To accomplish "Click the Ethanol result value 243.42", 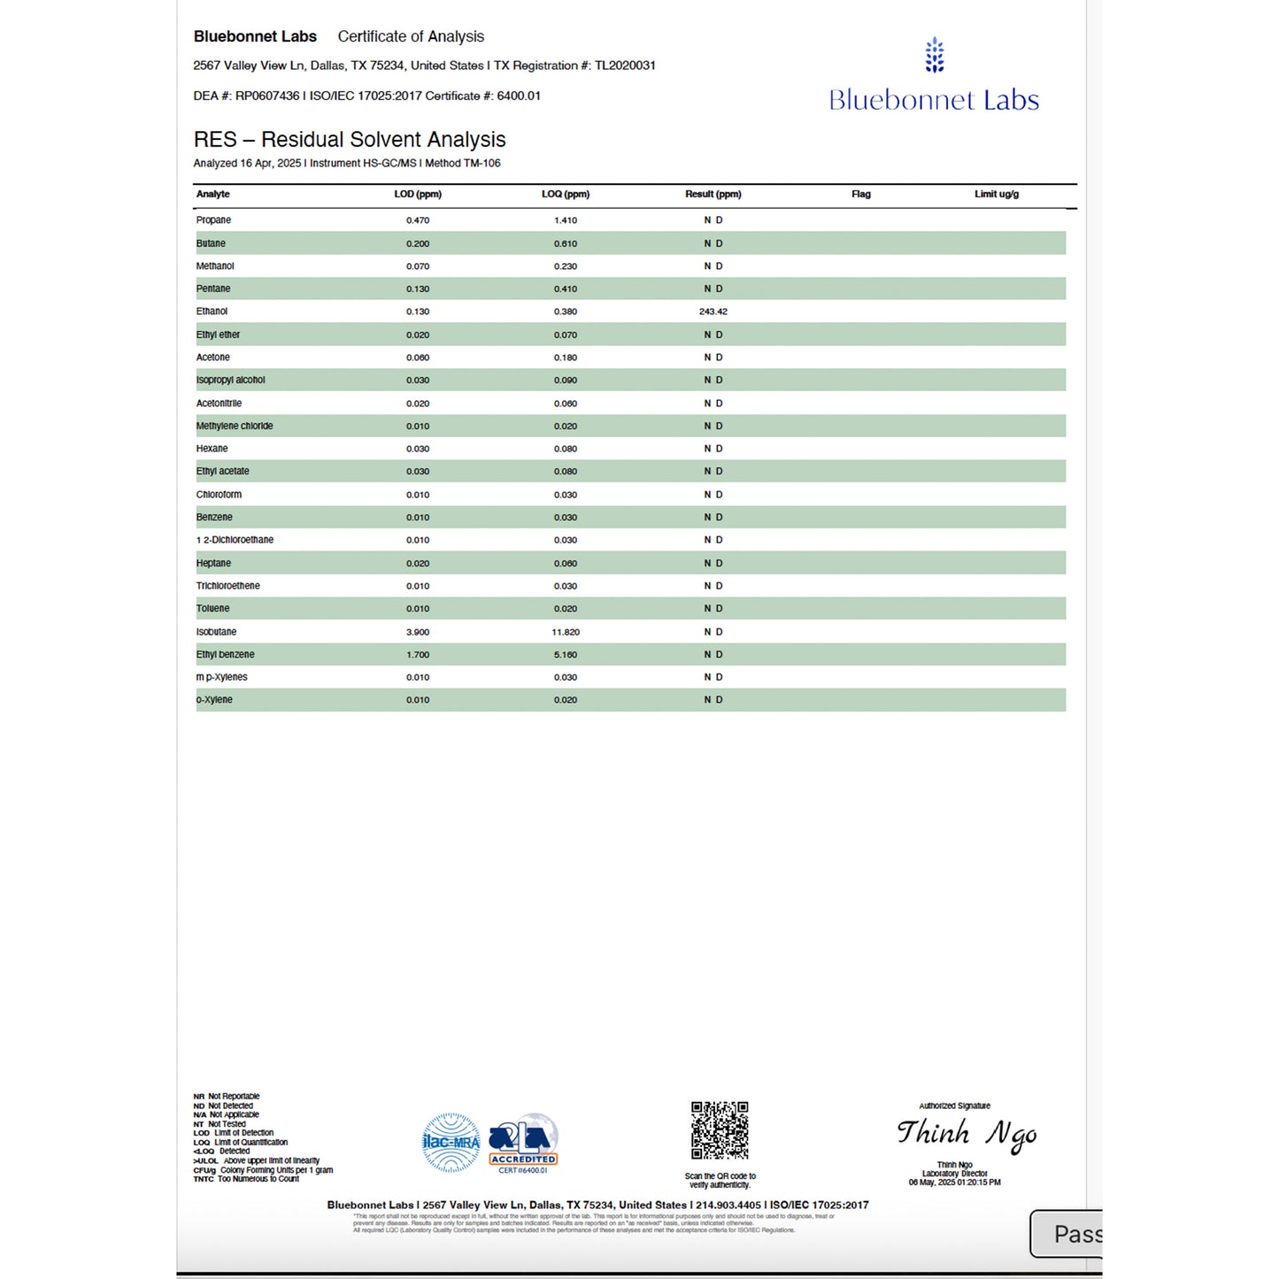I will pyautogui.click(x=713, y=312).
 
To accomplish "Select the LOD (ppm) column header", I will pyautogui.click(x=417, y=194).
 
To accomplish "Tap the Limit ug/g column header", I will pyautogui.click(x=996, y=194).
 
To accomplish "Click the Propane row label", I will pyautogui.click(x=213, y=220).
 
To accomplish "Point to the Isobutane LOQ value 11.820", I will pyautogui.click(x=565, y=632).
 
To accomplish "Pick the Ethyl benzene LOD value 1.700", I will pyautogui.click(x=417, y=655).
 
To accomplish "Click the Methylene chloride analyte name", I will pyautogui.click(x=235, y=426).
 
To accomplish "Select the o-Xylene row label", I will pyautogui.click(x=214, y=700).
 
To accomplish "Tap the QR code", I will pyautogui.click(x=720, y=1130).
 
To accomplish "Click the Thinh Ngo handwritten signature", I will pyautogui.click(x=966, y=1134).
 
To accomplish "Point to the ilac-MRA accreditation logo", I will pyautogui.click(x=451, y=1143).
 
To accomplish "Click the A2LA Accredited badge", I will pyautogui.click(x=523, y=1143).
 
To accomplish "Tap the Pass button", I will pyautogui.click(x=1068, y=1234).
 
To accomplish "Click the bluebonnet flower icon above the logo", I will pyautogui.click(x=934, y=55).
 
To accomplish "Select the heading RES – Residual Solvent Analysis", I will pyautogui.click(x=350, y=140).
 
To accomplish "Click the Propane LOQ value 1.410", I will pyautogui.click(x=565, y=220).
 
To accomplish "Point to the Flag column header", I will pyautogui.click(x=860, y=194).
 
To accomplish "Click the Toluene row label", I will pyautogui.click(x=212, y=609).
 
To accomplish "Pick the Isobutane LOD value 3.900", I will pyautogui.click(x=417, y=632).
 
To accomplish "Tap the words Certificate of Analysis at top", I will pyautogui.click(x=411, y=36).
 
